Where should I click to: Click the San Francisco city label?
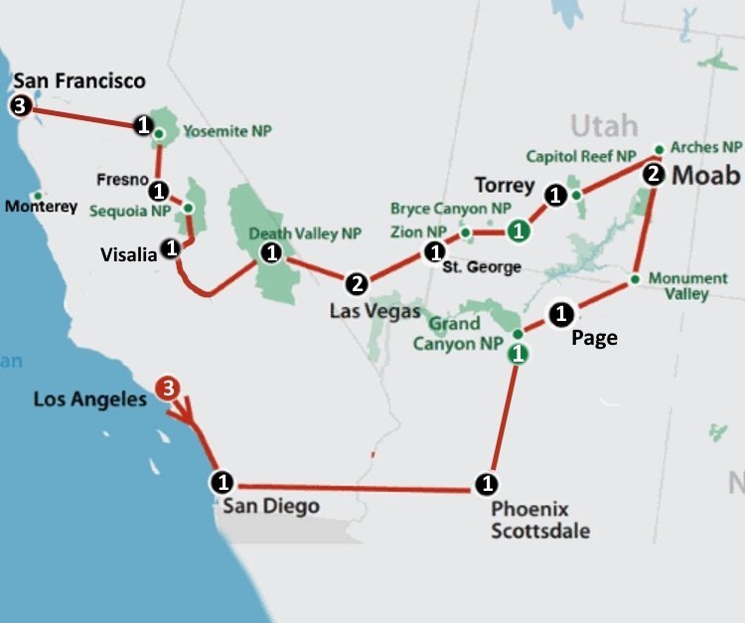click(x=78, y=80)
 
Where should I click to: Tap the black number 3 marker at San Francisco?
click(x=20, y=106)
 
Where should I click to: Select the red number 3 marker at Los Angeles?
click(x=169, y=388)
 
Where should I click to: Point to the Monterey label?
click(x=41, y=207)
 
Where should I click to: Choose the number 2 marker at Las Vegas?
click(x=358, y=284)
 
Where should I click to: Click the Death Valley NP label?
click(x=304, y=234)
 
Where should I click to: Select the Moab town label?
click(x=706, y=176)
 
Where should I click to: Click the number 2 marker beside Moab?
click(x=653, y=175)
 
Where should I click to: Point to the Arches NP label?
click(x=706, y=147)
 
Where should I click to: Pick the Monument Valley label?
click(x=687, y=286)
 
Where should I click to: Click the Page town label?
click(x=594, y=338)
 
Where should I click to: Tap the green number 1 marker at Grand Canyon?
click(x=517, y=353)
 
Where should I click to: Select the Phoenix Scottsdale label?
click(x=540, y=521)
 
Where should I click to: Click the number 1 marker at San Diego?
click(x=223, y=483)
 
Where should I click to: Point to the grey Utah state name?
click(x=603, y=126)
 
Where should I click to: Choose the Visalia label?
click(x=128, y=255)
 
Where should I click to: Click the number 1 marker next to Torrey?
click(x=556, y=196)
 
